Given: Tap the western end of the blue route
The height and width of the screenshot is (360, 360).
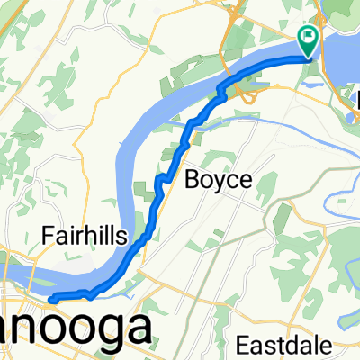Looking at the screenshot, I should [x=51, y=298].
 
